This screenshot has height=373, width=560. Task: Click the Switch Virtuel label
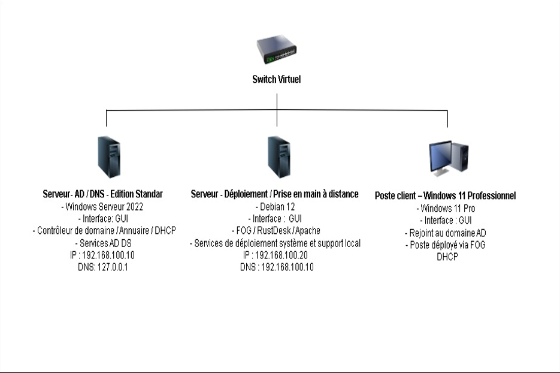click(x=277, y=79)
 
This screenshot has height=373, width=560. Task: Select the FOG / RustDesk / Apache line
click(x=275, y=230)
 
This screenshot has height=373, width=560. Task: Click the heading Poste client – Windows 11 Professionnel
click(x=446, y=196)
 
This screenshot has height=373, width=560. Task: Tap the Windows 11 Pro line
click(x=446, y=208)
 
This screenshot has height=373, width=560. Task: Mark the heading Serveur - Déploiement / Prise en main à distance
click(x=275, y=194)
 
